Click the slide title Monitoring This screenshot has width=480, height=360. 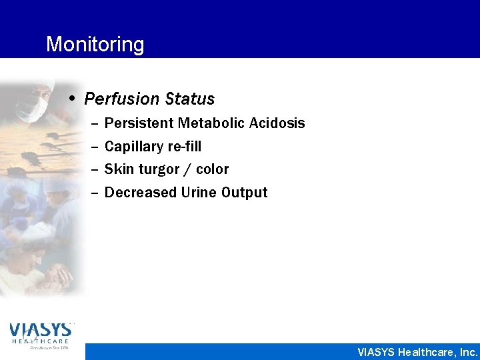click(95, 45)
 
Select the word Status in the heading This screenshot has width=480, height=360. click(190, 99)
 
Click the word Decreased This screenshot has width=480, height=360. click(141, 193)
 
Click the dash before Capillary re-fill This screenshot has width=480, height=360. click(93, 147)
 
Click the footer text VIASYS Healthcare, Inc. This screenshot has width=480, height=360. click(417, 352)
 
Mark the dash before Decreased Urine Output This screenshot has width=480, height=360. click(93, 193)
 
